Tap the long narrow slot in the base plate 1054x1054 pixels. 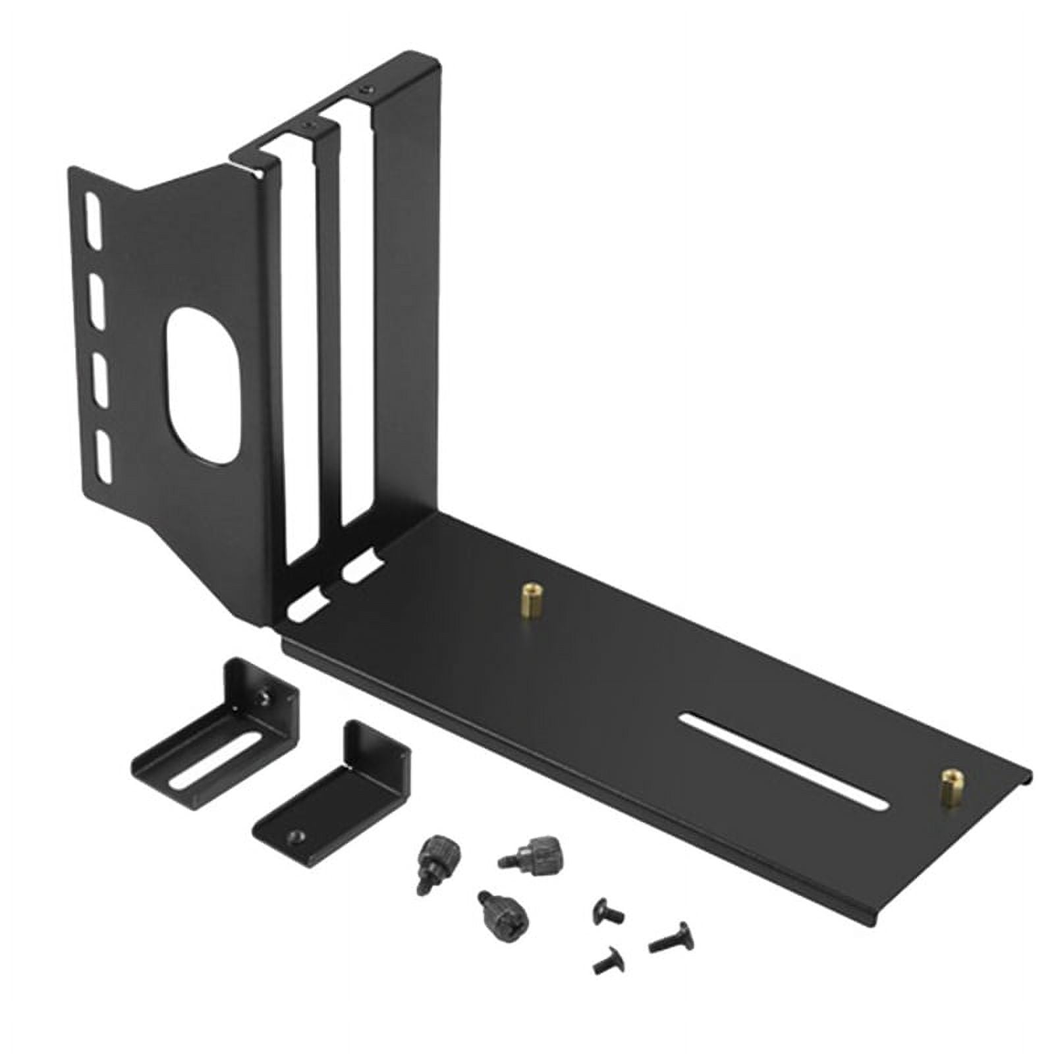[784, 762]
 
